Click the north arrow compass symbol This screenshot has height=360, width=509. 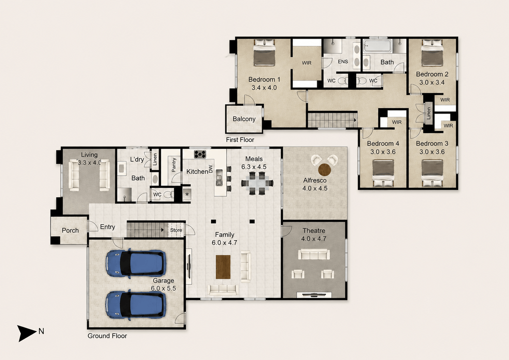coord(27,333)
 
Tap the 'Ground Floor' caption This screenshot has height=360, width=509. coord(107,336)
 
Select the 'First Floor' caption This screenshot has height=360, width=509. coord(240,140)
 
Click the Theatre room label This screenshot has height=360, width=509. coord(314,231)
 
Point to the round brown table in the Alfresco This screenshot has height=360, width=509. coord(325,170)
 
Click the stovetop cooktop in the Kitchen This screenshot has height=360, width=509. coord(200,154)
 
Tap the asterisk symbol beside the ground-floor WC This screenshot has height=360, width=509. coord(187,195)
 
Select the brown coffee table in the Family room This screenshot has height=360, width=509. coord(223,267)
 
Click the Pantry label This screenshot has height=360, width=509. coord(174,165)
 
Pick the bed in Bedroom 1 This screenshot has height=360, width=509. coord(264,53)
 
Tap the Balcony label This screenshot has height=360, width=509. coord(244,119)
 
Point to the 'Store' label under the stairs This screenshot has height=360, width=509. coord(176,230)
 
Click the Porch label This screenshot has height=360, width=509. coord(70,231)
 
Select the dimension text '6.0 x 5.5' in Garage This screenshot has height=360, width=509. coord(164,288)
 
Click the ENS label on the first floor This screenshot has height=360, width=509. coord(343,61)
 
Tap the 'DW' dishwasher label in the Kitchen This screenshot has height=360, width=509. coord(211,169)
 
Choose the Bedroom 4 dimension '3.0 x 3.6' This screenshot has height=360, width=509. coord(383,152)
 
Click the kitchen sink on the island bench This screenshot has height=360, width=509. coord(219,177)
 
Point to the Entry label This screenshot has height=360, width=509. coord(108,227)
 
